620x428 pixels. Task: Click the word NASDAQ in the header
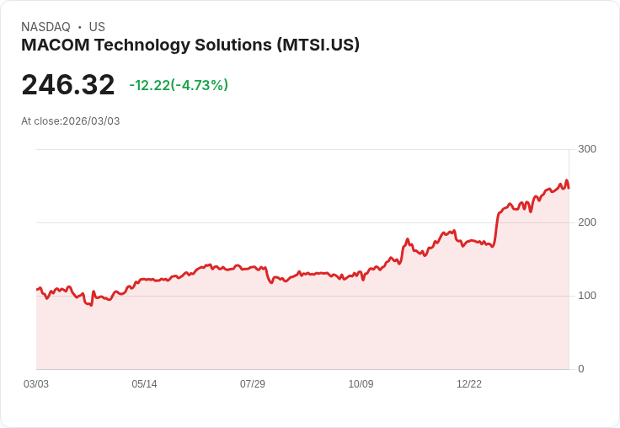pos(45,27)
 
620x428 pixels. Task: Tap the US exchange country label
pos(97,27)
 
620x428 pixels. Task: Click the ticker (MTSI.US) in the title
pos(318,45)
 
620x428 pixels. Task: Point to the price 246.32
pos(68,85)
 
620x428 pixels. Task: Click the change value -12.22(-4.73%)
pos(179,85)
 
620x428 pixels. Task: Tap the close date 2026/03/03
pos(91,121)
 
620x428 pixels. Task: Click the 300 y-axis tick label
pos(586,149)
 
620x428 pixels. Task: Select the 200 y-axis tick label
pos(586,222)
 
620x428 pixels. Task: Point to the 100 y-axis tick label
pos(586,296)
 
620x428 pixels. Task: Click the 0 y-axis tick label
pos(581,369)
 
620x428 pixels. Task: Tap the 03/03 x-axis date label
pos(36,384)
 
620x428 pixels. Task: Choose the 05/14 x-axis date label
pos(144,384)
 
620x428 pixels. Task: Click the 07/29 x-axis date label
pos(253,384)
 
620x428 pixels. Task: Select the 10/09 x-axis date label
pos(361,384)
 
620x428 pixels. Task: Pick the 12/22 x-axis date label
pos(469,384)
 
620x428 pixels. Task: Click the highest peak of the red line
pos(567,180)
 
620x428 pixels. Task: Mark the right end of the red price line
pos(569,188)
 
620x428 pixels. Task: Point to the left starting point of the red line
pos(37,289)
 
